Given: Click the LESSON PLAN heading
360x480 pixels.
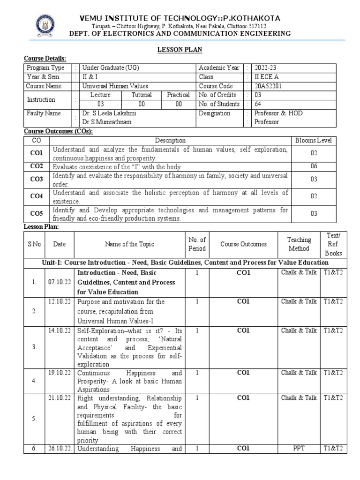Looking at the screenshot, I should (180, 49).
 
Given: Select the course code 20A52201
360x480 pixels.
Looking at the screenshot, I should (268, 86).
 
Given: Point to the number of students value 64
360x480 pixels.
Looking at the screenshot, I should (258, 104).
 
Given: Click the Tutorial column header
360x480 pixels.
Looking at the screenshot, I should (141, 95).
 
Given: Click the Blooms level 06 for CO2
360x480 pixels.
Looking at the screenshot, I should (314, 166).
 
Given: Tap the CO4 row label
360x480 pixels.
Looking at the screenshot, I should (37, 196).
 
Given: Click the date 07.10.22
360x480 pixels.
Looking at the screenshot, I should (60, 272).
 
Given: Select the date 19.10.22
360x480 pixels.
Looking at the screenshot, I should (60, 373).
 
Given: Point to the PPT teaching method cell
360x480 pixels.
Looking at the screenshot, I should (299, 448).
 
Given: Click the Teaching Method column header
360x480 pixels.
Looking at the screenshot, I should (299, 244).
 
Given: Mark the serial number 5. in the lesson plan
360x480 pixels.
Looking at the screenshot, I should (34, 419).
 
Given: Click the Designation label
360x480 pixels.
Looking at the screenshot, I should (214, 113).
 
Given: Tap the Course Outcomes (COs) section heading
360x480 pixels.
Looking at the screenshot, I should (59, 131).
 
